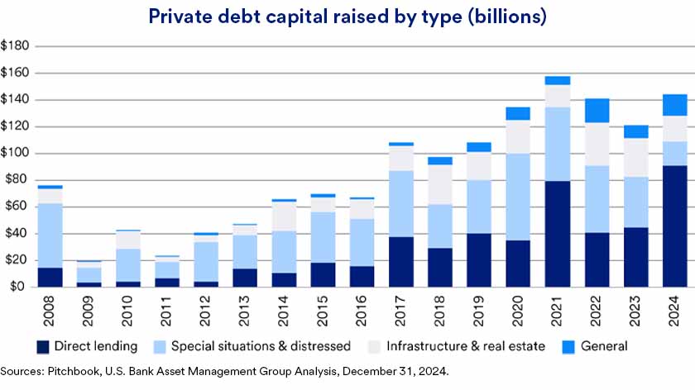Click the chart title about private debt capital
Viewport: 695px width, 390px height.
pyautogui.click(x=347, y=17)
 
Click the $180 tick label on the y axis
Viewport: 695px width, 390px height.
pyautogui.click(x=16, y=46)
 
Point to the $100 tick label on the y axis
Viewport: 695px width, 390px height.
pyautogui.click(x=16, y=154)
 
